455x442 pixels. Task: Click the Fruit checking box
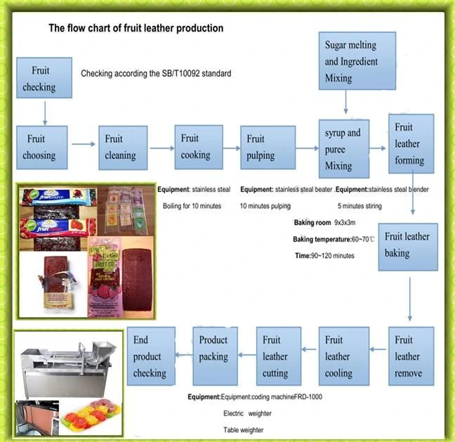(x=44, y=77)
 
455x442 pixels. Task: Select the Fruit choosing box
(x=42, y=147)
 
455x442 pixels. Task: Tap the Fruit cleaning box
(x=123, y=147)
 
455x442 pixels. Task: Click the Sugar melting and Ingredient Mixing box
(x=357, y=61)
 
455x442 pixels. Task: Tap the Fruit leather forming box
(x=411, y=143)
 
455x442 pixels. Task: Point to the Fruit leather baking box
(x=408, y=246)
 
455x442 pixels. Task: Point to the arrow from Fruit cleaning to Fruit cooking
(x=161, y=148)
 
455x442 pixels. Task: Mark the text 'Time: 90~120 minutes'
(x=324, y=256)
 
